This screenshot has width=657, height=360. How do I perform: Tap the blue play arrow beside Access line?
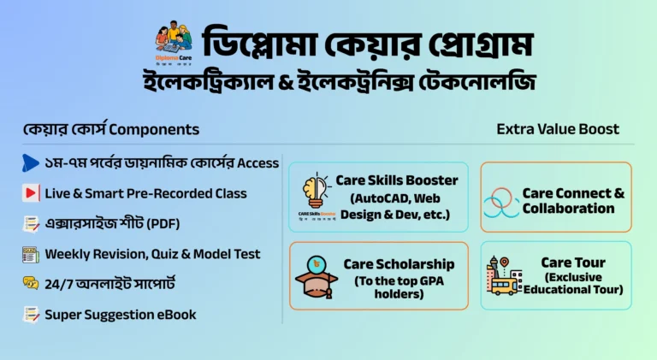(30, 162)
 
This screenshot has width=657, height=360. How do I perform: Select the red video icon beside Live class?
(31, 193)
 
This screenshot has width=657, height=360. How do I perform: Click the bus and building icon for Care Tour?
(504, 275)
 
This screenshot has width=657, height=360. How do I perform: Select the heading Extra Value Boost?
(558, 129)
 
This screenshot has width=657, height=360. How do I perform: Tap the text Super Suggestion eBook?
(121, 315)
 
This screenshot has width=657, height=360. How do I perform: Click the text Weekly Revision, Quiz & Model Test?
(152, 254)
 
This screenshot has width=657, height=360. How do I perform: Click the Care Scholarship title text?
(399, 264)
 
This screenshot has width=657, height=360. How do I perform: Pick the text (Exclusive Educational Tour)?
(572, 283)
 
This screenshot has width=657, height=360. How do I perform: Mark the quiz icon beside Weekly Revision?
(31, 254)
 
